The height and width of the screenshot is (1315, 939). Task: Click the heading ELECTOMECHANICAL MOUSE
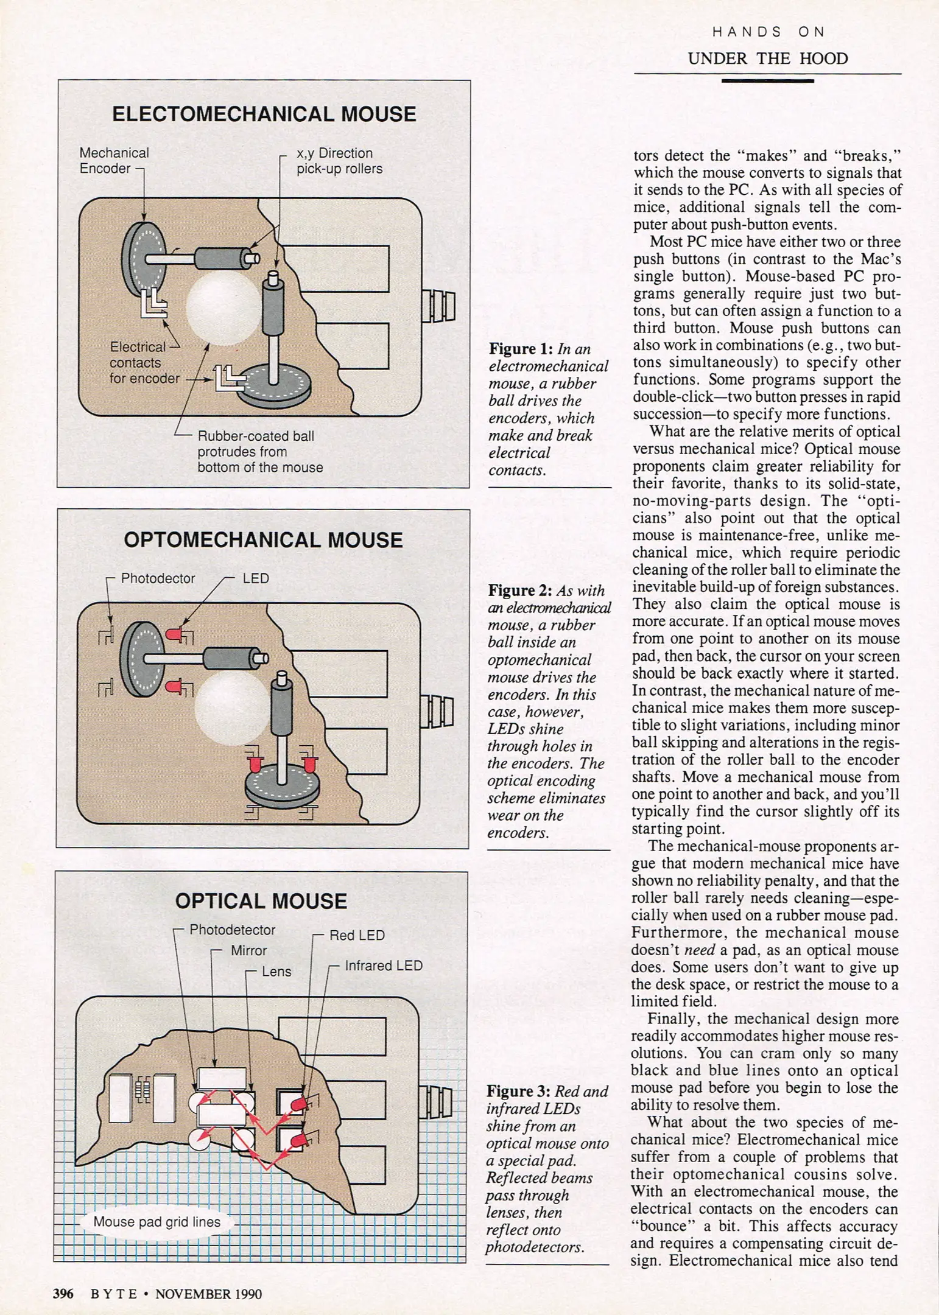pos(264,114)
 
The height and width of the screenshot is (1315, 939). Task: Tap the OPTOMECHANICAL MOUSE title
pos(263,540)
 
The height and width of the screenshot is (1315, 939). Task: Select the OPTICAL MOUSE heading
pos(261,901)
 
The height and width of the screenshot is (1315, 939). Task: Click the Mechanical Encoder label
pos(113,161)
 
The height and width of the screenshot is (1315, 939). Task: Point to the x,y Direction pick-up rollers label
pos(339,161)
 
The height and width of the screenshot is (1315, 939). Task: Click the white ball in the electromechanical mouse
pos(224,307)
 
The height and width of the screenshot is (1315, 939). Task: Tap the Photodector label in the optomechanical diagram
pos(158,578)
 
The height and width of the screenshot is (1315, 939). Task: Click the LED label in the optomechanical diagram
pos(256,578)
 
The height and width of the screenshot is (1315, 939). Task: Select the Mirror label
pos(248,950)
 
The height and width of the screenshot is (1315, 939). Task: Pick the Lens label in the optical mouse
pos(276,972)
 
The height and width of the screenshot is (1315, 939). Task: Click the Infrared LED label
pos(384,966)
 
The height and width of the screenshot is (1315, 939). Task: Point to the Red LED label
pos(357,935)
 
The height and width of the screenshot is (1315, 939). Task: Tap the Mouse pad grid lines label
pos(156,1222)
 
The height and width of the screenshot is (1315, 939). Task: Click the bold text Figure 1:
pos(521,349)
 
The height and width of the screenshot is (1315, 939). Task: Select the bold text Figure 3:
pos(518,1092)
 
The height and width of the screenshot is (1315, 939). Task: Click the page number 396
pos(63,1294)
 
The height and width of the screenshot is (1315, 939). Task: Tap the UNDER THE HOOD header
pos(767,59)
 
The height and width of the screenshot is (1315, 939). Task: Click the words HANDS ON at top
pos(768,32)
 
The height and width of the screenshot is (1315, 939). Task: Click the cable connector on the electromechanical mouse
pos(438,306)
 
